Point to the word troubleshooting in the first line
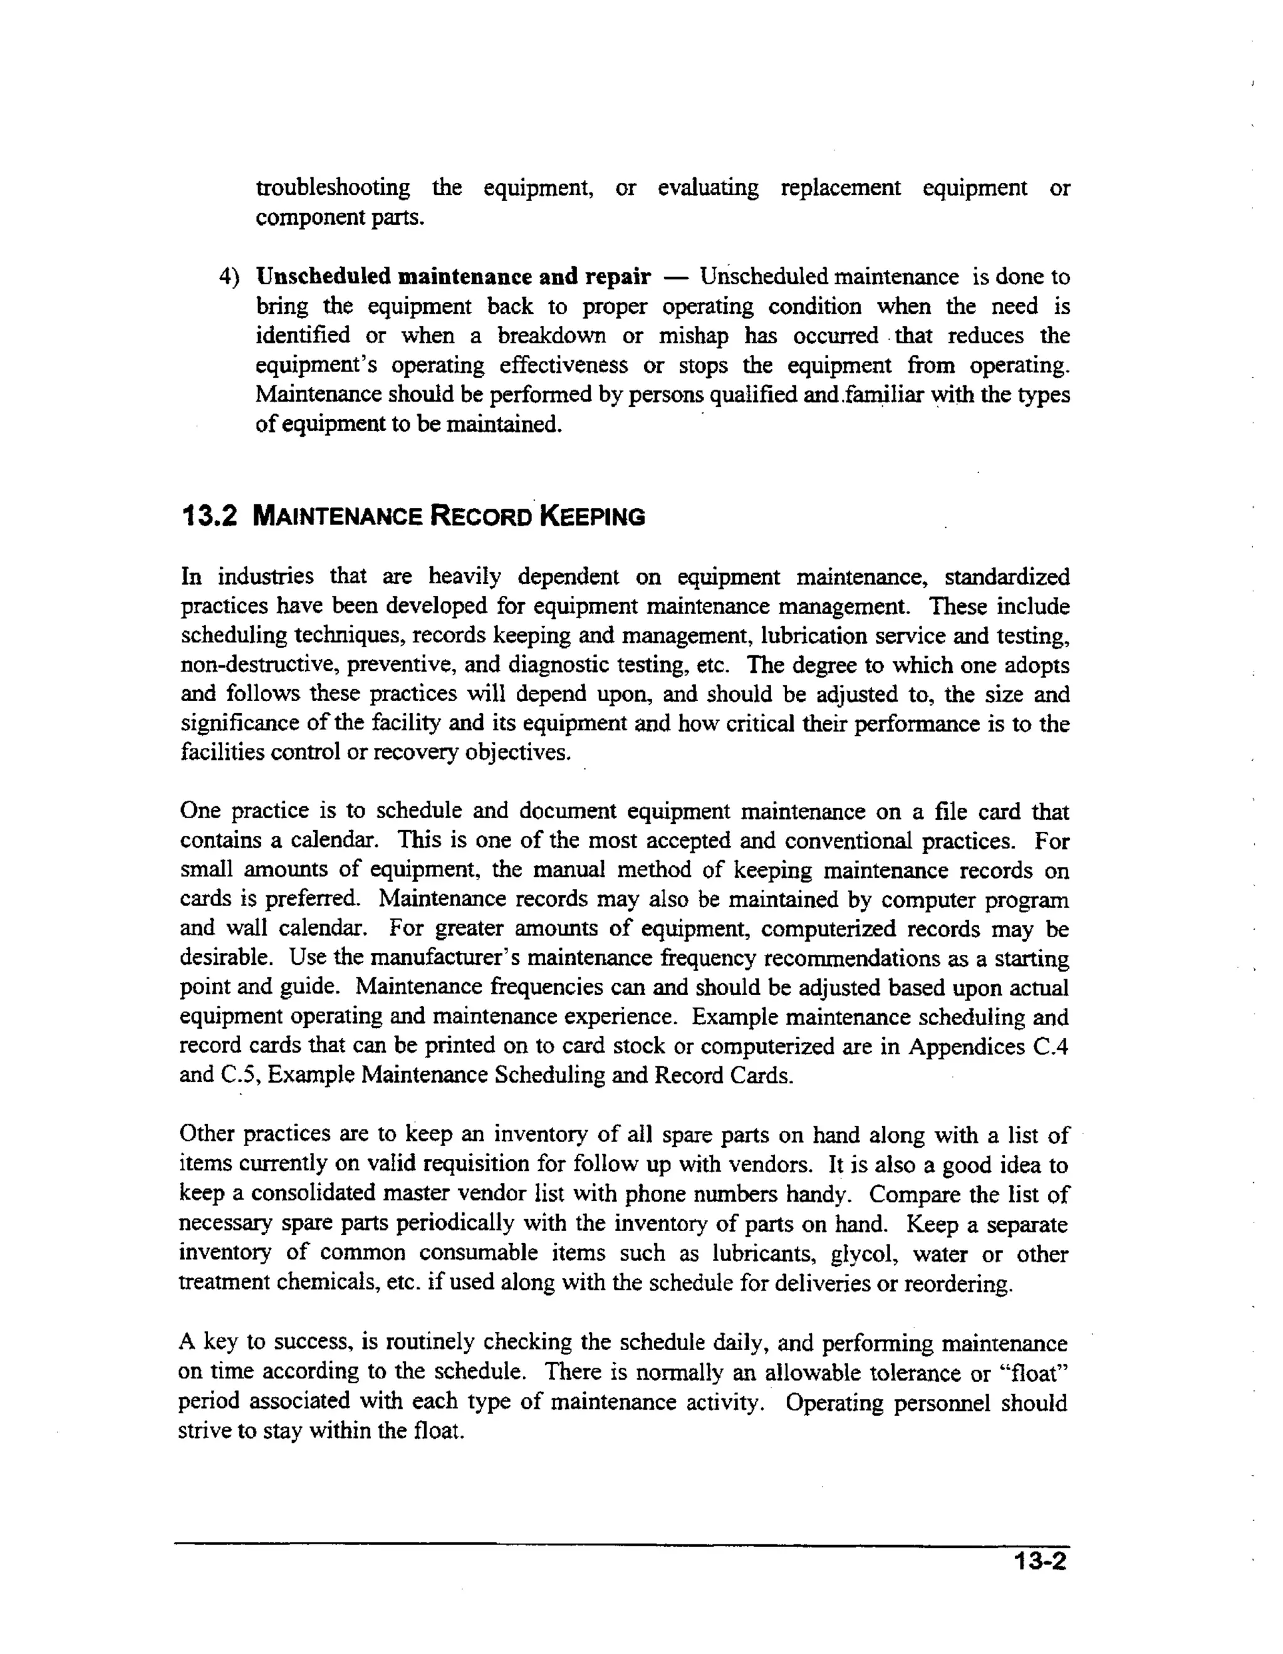[333, 188]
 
